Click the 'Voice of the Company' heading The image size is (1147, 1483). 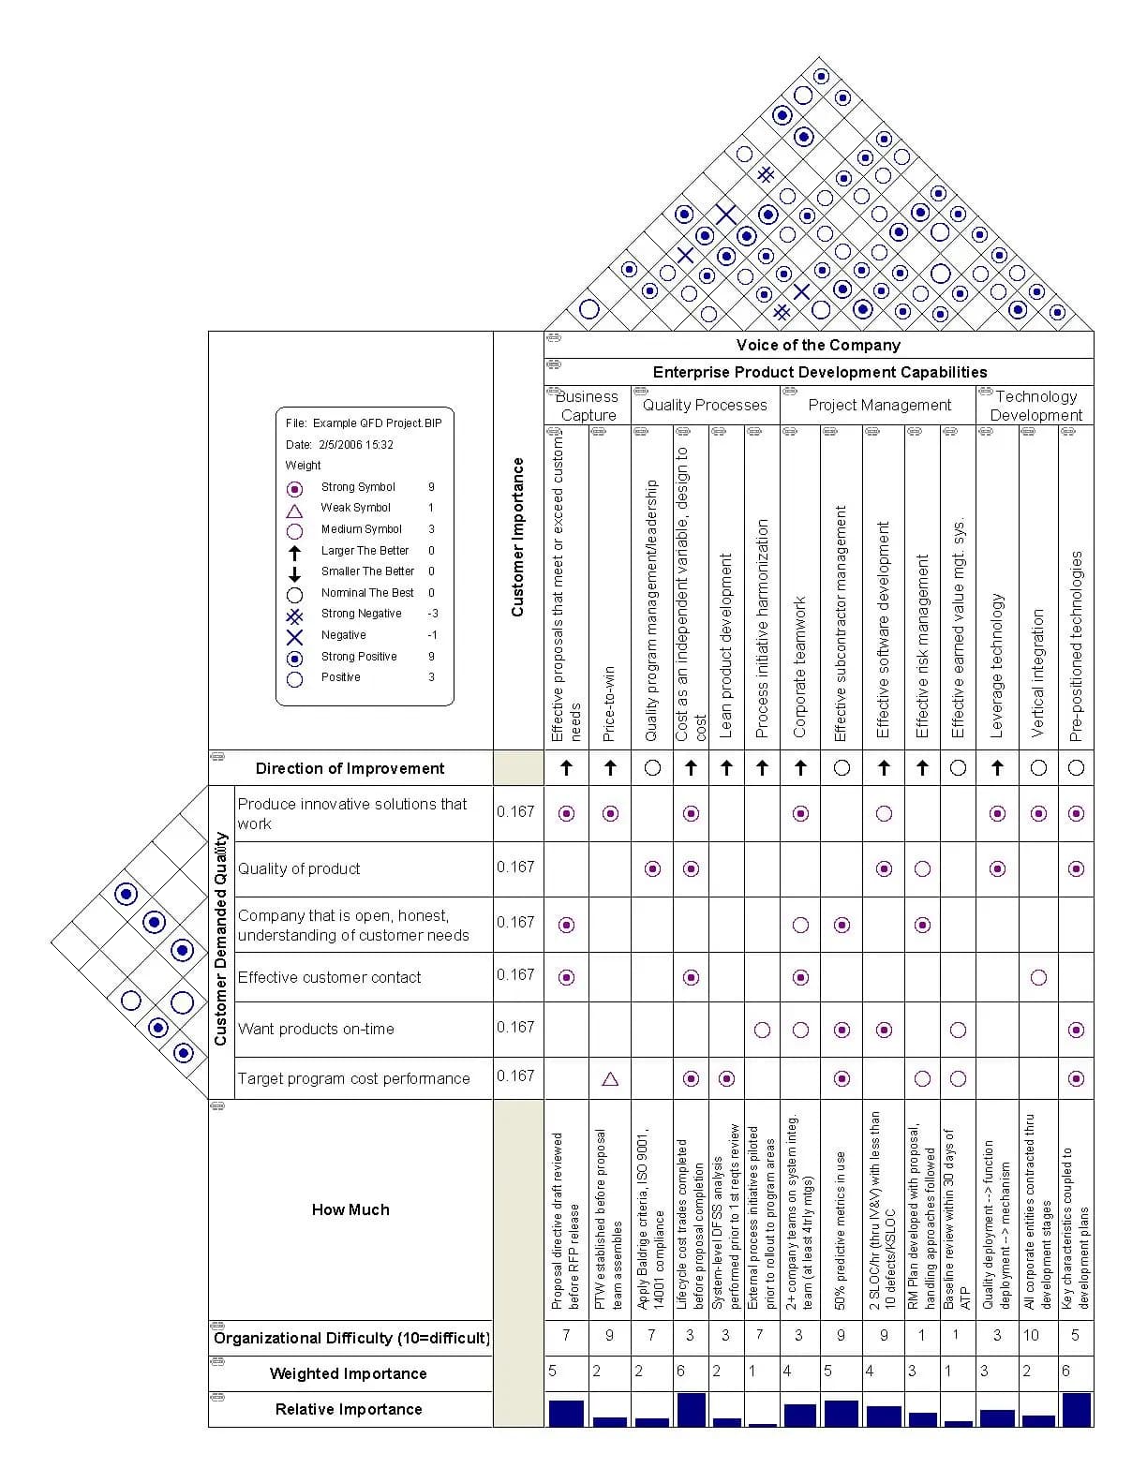(x=818, y=345)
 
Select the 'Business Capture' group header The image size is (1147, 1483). (x=587, y=406)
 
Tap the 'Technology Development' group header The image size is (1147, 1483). (x=1035, y=406)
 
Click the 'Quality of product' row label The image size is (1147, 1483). (x=299, y=868)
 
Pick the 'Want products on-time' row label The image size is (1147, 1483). (x=316, y=1029)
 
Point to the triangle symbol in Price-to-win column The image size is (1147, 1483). (x=610, y=1079)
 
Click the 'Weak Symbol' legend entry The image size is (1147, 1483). (x=355, y=508)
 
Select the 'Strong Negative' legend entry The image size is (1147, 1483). (x=361, y=614)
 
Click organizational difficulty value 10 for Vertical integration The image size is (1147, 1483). (x=1031, y=1335)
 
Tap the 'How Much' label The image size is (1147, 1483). (x=350, y=1209)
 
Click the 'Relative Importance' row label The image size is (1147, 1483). (x=349, y=1409)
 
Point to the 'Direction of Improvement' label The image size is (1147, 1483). (x=350, y=768)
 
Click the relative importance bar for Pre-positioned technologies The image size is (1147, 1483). (x=1076, y=1409)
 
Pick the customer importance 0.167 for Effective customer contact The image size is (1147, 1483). (x=515, y=975)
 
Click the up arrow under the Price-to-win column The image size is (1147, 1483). (x=610, y=768)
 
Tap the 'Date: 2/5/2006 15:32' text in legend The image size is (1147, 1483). (x=339, y=445)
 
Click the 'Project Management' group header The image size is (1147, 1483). (x=879, y=405)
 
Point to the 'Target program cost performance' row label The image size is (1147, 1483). (x=353, y=1078)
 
